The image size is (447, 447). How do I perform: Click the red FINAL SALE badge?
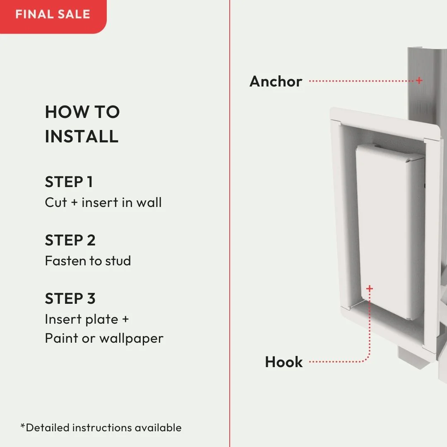[53, 14]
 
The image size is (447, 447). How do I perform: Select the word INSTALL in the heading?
[82, 136]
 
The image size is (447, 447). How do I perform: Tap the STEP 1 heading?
[69, 182]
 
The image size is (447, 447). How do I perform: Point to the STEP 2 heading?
[70, 240]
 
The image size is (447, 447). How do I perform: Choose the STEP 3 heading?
[70, 298]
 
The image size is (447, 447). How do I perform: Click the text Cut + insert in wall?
[103, 202]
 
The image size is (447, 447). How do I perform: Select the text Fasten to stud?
[88, 261]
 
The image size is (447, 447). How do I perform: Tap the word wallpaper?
[131, 338]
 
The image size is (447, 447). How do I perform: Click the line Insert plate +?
[87, 319]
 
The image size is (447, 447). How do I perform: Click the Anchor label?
[276, 82]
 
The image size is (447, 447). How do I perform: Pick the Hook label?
[284, 362]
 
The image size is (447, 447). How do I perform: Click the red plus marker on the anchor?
[419, 80]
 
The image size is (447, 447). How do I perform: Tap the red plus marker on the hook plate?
[370, 288]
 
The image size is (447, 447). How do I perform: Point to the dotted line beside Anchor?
[360, 81]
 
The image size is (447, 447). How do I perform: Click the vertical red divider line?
[229, 223]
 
